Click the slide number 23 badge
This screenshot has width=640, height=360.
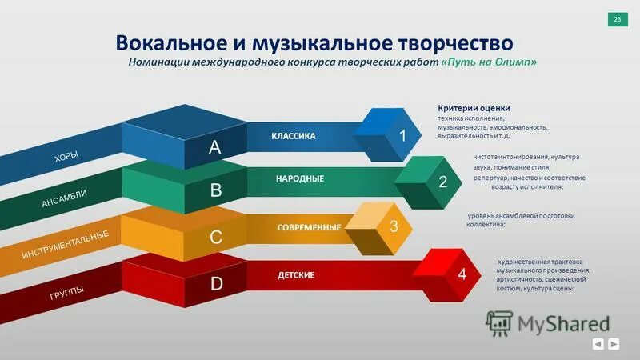tap(617, 19)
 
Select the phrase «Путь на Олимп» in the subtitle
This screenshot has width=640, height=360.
tap(489, 62)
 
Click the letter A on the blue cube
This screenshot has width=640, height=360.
tap(215, 147)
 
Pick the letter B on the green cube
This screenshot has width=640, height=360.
tap(215, 191)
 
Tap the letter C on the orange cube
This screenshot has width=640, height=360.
tap(215, 238)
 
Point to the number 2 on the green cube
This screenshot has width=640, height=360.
tap(442, 182)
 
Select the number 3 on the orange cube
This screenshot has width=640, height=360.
tap(394, 226)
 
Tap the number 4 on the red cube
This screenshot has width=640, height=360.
tap(462, 274)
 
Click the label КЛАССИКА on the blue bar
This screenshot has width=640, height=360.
tap(294, 136)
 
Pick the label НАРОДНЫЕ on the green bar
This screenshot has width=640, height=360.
tap(300, 178)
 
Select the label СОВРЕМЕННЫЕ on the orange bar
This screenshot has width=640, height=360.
tap(309, 228)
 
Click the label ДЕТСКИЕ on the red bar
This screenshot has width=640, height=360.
tap(296, 275)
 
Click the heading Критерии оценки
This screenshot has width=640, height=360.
tap(474, 108)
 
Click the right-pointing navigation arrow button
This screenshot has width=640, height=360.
tap(614, 344)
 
